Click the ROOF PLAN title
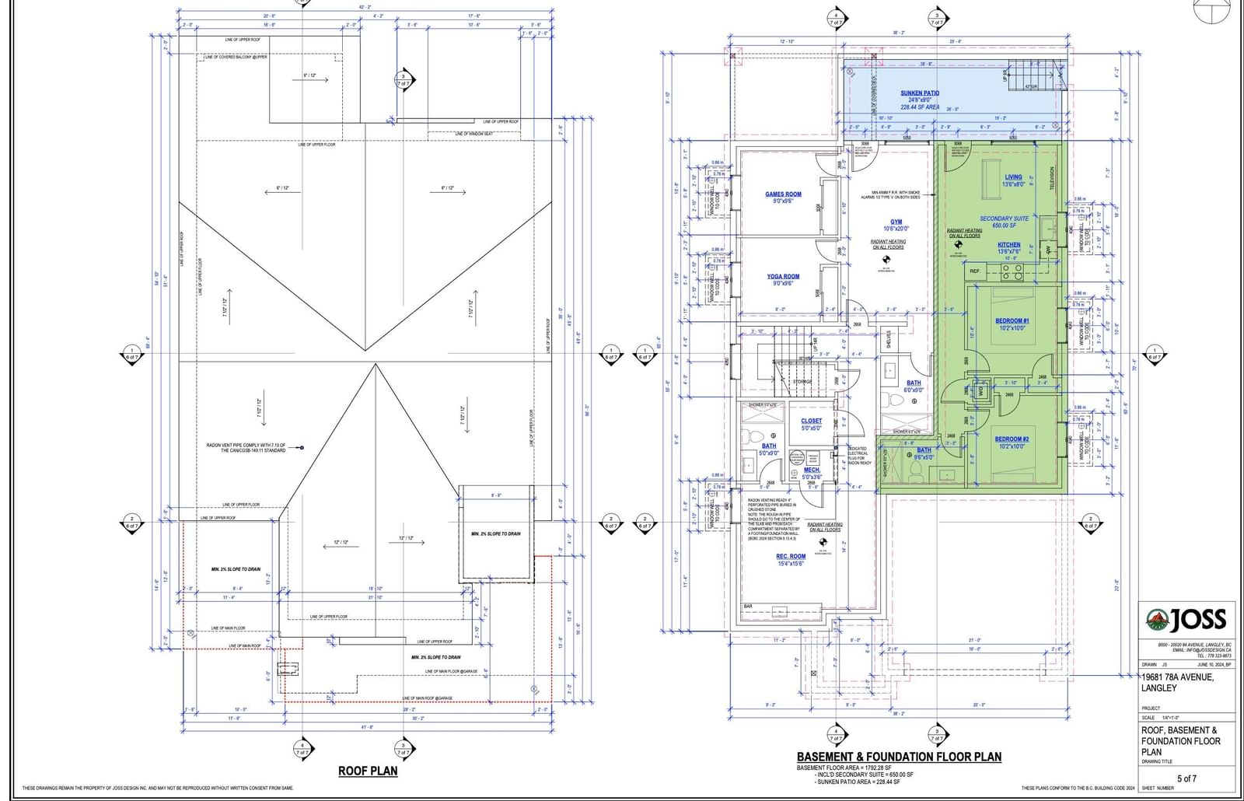pos(367,771)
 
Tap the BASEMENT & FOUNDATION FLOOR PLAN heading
pos(899,757)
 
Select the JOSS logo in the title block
pos(1186,620)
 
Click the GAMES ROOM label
pos(783,194)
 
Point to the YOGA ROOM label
pos(783,276)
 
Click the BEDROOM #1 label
pos(1012,321)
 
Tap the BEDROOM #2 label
pos(1012,439)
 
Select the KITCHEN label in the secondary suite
pos(1009,245)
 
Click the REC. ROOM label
pos(791,557)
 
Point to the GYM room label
pos(896,222)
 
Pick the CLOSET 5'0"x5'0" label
pos(811,421)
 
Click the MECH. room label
pos(811,470)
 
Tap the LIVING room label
pos(1013,177)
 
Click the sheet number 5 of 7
pos(1186,778)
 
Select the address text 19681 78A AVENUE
pos(1176,677)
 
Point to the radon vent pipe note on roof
pos(246,448)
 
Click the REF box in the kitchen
pos(974,271)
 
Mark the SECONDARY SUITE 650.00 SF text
pos(1004,222)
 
